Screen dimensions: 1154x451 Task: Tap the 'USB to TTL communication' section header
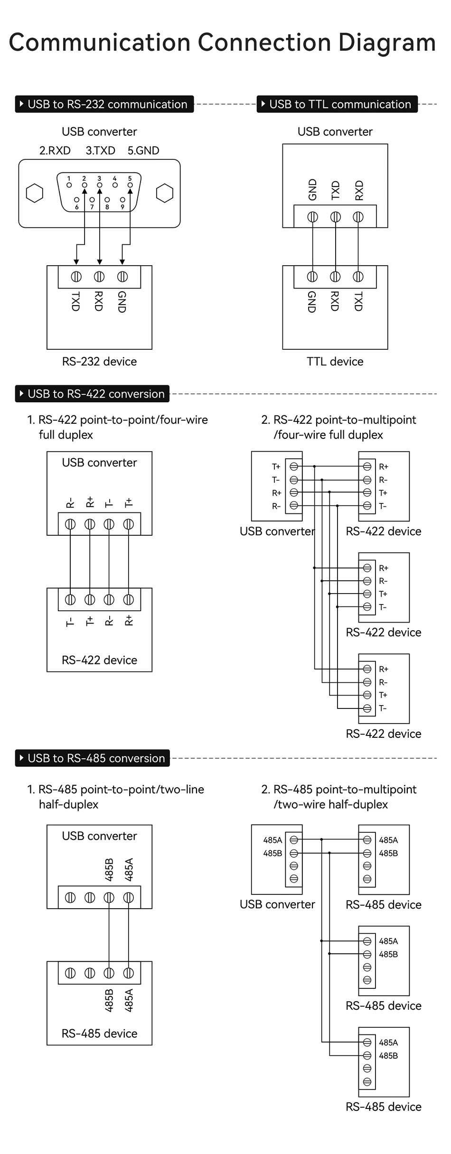pyautogui.click(x=337, y=104)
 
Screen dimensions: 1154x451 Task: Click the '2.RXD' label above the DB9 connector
pyautogui.click(x=55, y=150)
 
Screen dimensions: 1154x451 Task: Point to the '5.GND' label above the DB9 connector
pyautogui.click(x=143, y=150)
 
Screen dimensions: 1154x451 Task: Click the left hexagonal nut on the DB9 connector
pyautogui.click(x=34, y=193)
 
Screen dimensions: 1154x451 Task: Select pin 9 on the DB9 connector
pyautogui.click(x=122, y=200)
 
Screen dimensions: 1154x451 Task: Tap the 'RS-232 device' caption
pyautogui.click(x=99, y=362)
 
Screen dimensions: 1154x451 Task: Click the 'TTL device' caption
pyautogui.click(x=335, y=362)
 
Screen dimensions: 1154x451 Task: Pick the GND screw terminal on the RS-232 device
pyautogui.click(x=122, y=276)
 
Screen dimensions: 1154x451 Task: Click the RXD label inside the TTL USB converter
pyautogui.click(x=359, y=190)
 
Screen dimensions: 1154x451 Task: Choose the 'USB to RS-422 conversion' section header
pyautogui.click(x=93, y=394)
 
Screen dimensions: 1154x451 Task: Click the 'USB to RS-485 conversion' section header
pyautogui.click(x=93, y=758)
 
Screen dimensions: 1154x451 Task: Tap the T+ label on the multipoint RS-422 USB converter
pyautogui.click(x=276, y=467)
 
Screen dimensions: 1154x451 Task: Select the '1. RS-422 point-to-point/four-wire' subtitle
pyautogui.click(x=118, y=420)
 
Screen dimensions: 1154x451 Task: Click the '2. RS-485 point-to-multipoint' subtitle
pyautogui.click(x=339, y=790)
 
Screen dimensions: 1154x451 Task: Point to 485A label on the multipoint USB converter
pyautogui.click(x=272, y=840)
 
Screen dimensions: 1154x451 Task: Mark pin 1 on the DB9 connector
pyautogui.click(x=69, y=185)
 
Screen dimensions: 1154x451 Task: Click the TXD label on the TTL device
pyautogui.click(x=358, y=302)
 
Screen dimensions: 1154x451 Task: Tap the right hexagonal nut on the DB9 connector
pyautogui.click(x=164, y=193)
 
